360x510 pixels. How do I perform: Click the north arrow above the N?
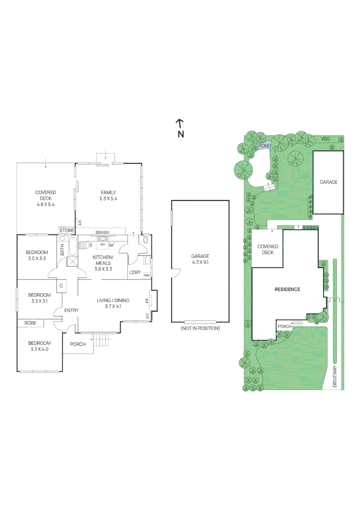(180, 124)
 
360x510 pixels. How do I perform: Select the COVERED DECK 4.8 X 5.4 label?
(46, 198)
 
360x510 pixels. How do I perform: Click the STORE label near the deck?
(67, 230)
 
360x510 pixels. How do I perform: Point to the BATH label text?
(62, 250)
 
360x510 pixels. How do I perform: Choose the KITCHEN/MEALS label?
(103, 260)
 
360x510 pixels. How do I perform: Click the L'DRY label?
(135, 272)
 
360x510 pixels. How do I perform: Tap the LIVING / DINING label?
(113, 303)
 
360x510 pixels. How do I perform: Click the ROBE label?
(30, 323)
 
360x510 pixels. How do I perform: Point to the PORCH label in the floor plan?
(78, 344)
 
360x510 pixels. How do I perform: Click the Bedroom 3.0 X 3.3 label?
(37, 255)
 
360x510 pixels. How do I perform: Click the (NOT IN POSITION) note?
(200, 328)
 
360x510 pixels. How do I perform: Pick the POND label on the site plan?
(265, 146)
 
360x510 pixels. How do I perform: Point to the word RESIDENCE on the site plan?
(287, 289)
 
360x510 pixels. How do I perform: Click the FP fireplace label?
(148, 300)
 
